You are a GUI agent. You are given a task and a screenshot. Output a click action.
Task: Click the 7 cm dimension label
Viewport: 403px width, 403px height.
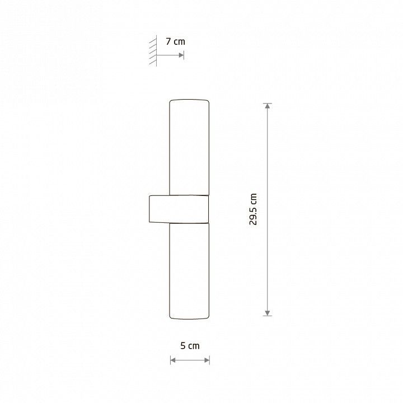point(175,41)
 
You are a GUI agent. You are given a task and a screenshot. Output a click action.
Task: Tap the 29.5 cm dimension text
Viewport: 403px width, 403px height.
point(253,209)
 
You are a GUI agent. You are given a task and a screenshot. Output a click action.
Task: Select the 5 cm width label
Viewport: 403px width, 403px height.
point(190,346)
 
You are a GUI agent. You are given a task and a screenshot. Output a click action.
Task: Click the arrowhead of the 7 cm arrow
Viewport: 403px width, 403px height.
point(181,55)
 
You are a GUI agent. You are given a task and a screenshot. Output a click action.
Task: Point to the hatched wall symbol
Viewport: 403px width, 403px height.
point(153,50)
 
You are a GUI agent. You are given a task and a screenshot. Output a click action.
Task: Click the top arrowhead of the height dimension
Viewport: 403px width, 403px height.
point(268,106)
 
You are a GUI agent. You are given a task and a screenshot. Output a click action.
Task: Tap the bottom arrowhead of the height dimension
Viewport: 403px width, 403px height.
point(268,313)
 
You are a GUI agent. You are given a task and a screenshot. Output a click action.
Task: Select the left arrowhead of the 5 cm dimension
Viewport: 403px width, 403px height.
point(173,360)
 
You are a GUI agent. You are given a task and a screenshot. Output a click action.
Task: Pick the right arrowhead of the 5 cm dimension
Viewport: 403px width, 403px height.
point(207,360)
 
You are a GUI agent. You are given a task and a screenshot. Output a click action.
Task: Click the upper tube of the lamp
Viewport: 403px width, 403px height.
point(189,147)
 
